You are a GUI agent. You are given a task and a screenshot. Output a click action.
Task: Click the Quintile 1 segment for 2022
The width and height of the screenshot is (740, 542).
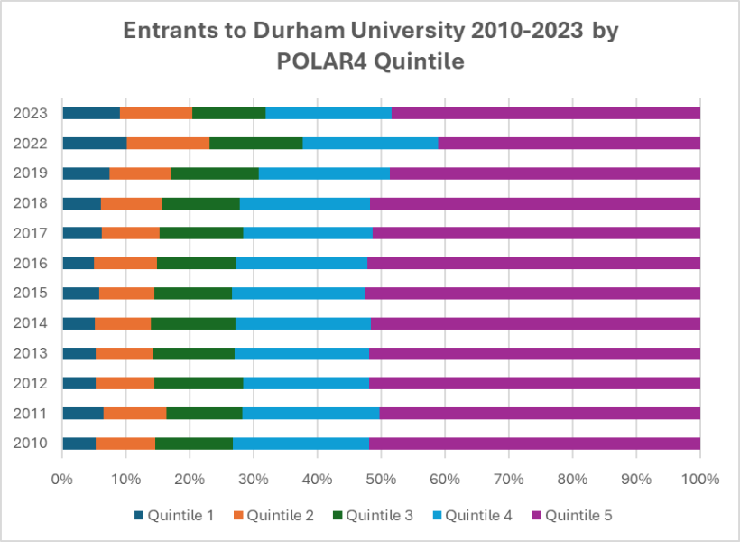tap(94, 143)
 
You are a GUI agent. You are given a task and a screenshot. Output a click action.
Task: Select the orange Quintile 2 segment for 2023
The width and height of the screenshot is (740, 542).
tap(156, 113)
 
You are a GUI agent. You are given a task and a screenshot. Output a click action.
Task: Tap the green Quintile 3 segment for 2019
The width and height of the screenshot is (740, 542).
tap(215, 173)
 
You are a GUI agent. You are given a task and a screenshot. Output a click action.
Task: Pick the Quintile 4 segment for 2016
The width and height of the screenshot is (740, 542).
tap(301, 263)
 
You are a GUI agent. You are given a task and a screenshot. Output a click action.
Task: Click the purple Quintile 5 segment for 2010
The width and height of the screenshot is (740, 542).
tap(534, 443)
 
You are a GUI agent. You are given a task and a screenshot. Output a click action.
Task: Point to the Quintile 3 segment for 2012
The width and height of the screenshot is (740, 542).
tap(199, 383)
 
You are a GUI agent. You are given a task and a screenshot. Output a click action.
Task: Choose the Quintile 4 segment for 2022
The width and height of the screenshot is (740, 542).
tap(370, 143)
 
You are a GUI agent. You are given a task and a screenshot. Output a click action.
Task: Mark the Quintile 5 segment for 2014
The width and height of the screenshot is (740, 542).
tap(535, 322)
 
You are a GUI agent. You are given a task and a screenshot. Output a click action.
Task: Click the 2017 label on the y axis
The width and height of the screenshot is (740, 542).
tap(32, 233)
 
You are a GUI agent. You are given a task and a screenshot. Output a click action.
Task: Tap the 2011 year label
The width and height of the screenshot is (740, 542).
tap(32, 413)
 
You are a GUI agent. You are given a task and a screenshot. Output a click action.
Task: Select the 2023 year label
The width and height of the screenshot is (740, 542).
tap(32, 113)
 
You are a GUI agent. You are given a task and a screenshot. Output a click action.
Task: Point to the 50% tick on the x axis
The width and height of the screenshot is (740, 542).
tap(381, 477)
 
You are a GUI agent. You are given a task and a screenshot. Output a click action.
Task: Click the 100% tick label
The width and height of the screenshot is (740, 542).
tap(699, 477)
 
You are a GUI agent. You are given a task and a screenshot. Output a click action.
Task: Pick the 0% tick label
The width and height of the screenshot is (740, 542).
tap(62, 477)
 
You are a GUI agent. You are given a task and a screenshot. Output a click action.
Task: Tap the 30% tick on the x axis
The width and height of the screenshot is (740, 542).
tap(254, 477)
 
